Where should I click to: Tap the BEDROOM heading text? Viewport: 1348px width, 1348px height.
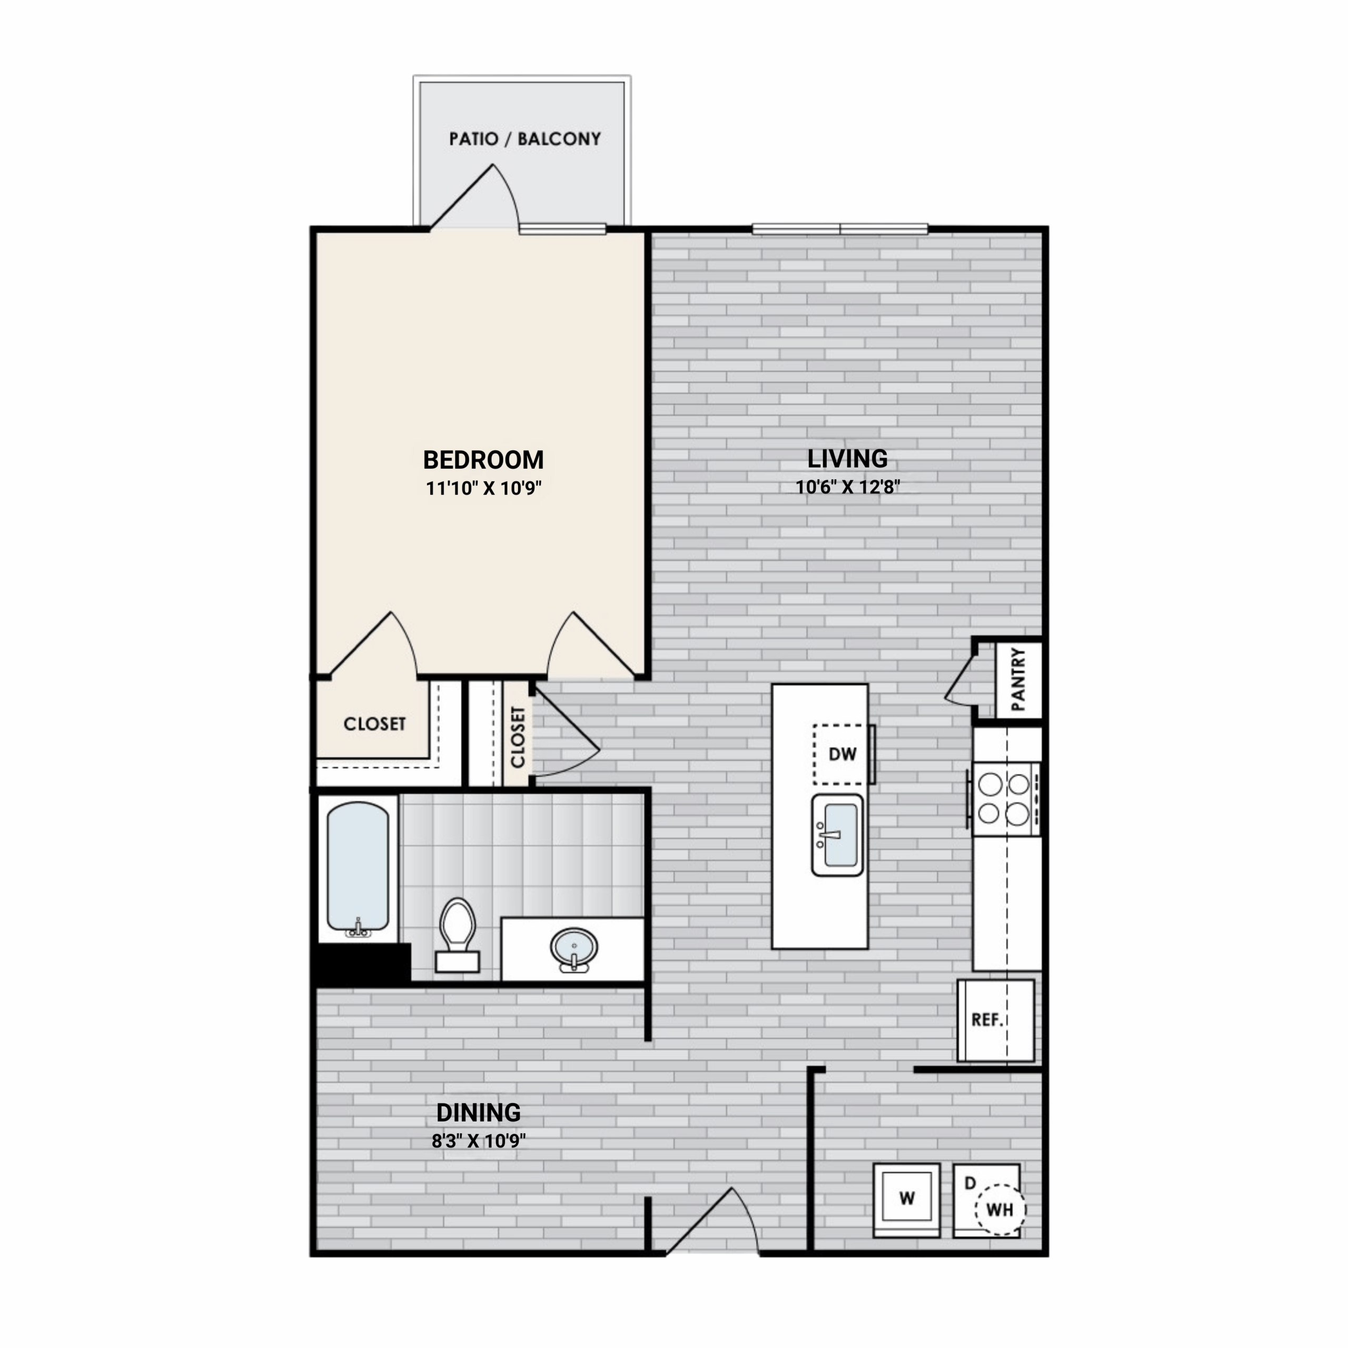tap(483, 460)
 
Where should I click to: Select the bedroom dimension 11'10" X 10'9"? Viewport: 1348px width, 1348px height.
tap(483, 488)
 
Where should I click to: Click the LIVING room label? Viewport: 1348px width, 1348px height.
tap(847, 459)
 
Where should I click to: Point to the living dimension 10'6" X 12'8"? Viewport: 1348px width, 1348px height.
tap(848, 487)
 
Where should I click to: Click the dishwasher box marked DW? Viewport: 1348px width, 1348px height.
tap(843, 754)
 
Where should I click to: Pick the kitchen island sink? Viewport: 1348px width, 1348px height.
tap(837, 835)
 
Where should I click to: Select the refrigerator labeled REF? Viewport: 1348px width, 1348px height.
tap(995, 1020)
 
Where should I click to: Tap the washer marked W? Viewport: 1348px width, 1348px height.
tap(906, 1198)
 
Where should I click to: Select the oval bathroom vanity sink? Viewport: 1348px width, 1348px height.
tap(573, 948)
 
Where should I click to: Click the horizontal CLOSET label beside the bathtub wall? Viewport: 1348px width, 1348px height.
tap(375, 723)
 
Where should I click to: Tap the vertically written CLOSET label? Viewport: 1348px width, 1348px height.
tap(518, 737)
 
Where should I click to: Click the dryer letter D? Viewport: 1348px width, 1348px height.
tap(970, 1183)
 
